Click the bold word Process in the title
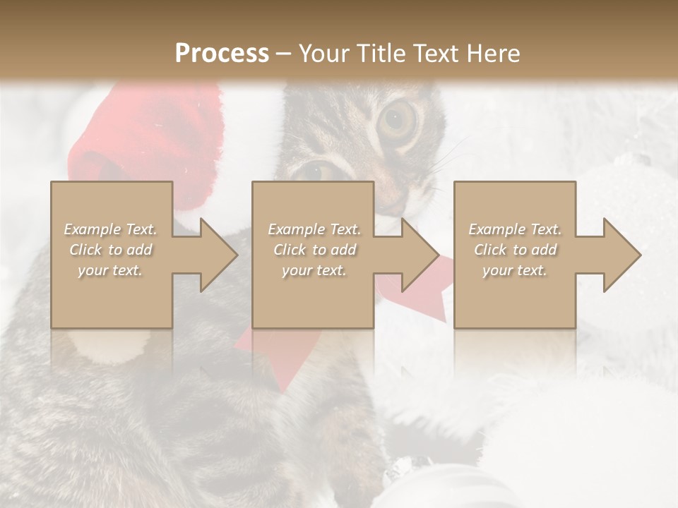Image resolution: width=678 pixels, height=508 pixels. tap(222, 53)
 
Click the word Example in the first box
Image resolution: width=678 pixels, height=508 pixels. tap(92, 229)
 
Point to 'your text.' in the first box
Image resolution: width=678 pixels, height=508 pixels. tap(110, 270)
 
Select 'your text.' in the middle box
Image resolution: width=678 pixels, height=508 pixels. tap(314, 270)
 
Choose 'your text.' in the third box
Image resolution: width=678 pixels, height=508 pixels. tap(514, 270)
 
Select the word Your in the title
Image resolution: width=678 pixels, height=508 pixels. tap(322, 53)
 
